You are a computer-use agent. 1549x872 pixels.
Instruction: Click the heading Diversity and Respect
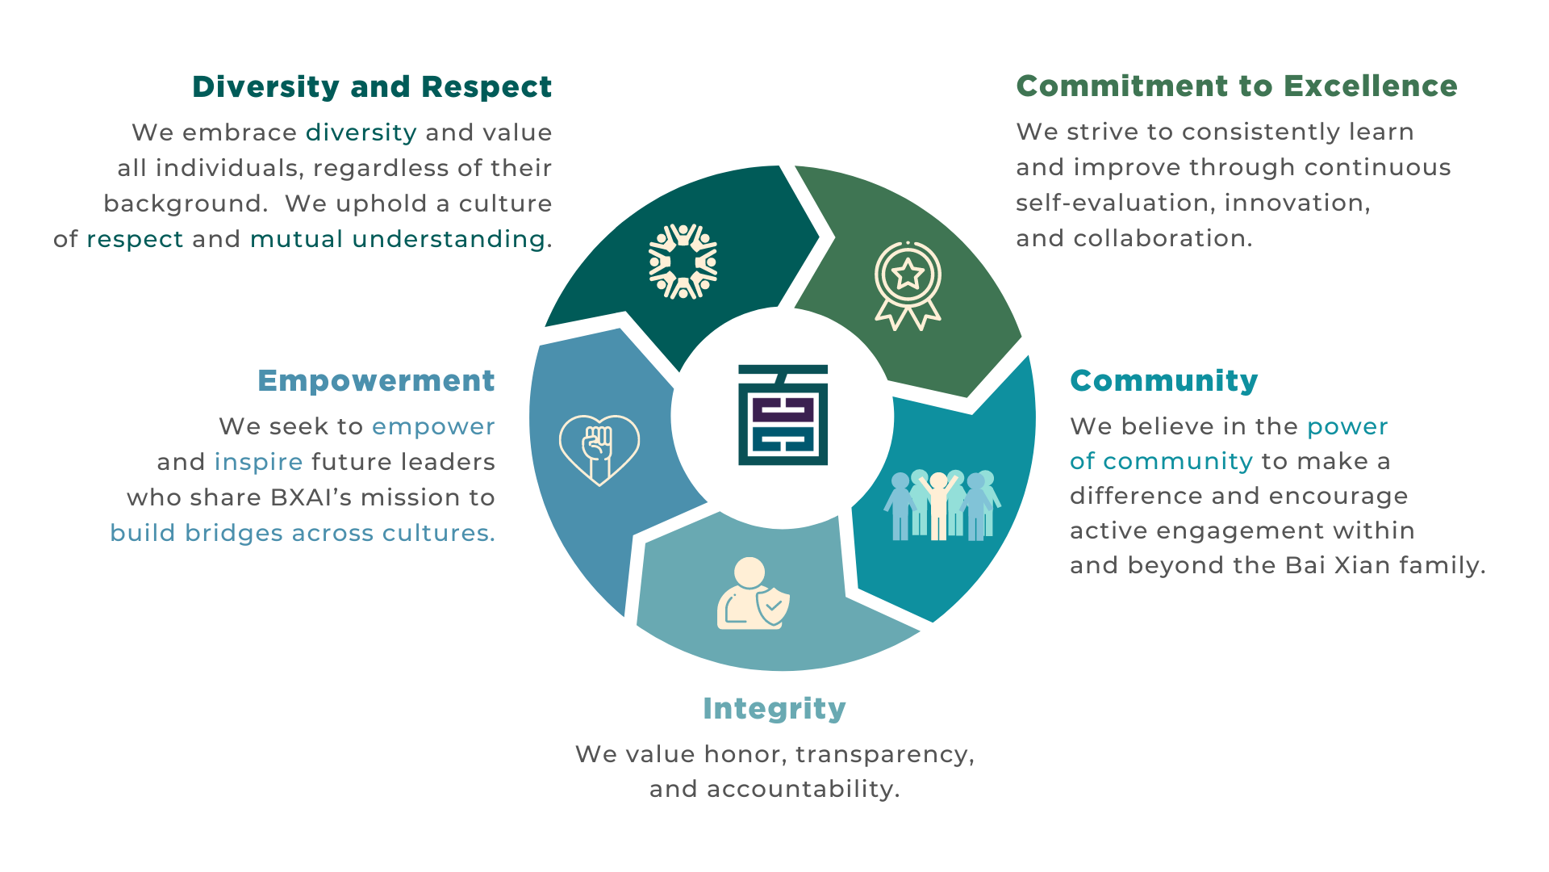[x=372, y=87]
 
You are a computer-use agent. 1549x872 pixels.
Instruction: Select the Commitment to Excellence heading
[x=1237, y=86]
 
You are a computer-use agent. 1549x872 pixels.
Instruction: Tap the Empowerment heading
[x=376, y=381]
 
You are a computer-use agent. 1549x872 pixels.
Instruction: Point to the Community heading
[x=1164, y=381]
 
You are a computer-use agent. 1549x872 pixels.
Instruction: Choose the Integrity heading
[x=774, y=709]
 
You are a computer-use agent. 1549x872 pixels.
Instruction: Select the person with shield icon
[x=753, y=593]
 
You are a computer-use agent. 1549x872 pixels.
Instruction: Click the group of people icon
[x=942, y=505]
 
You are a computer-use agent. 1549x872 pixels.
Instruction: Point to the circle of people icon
[x=683, y=262]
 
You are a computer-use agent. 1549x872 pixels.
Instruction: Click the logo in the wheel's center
[x=783, y=415]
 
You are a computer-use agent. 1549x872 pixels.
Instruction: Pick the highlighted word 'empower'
[x=433, y=427]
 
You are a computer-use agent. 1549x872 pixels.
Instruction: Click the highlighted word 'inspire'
[x=258, y=462]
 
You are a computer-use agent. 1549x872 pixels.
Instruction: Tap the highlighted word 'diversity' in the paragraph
[x=361, y=132]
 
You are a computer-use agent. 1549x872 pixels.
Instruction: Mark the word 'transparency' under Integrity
[x=884, y=755]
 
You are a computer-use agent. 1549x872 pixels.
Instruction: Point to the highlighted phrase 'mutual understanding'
[x=398, y=239]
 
